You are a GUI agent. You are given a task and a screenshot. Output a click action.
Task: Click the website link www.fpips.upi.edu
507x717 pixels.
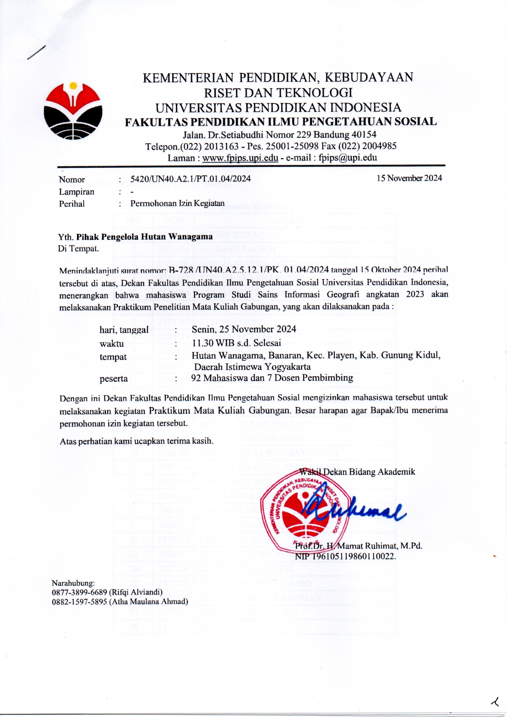tap(240, 158)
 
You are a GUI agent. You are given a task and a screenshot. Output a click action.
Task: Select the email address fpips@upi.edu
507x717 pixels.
tap(348, 158)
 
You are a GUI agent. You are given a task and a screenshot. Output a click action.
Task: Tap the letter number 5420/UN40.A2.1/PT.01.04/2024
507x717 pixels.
tap(190, 178)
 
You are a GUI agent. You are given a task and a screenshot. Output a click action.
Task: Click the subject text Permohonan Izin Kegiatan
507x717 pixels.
tap(177, 203)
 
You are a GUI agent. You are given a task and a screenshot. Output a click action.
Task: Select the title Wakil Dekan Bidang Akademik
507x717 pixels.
tap(357, 472)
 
